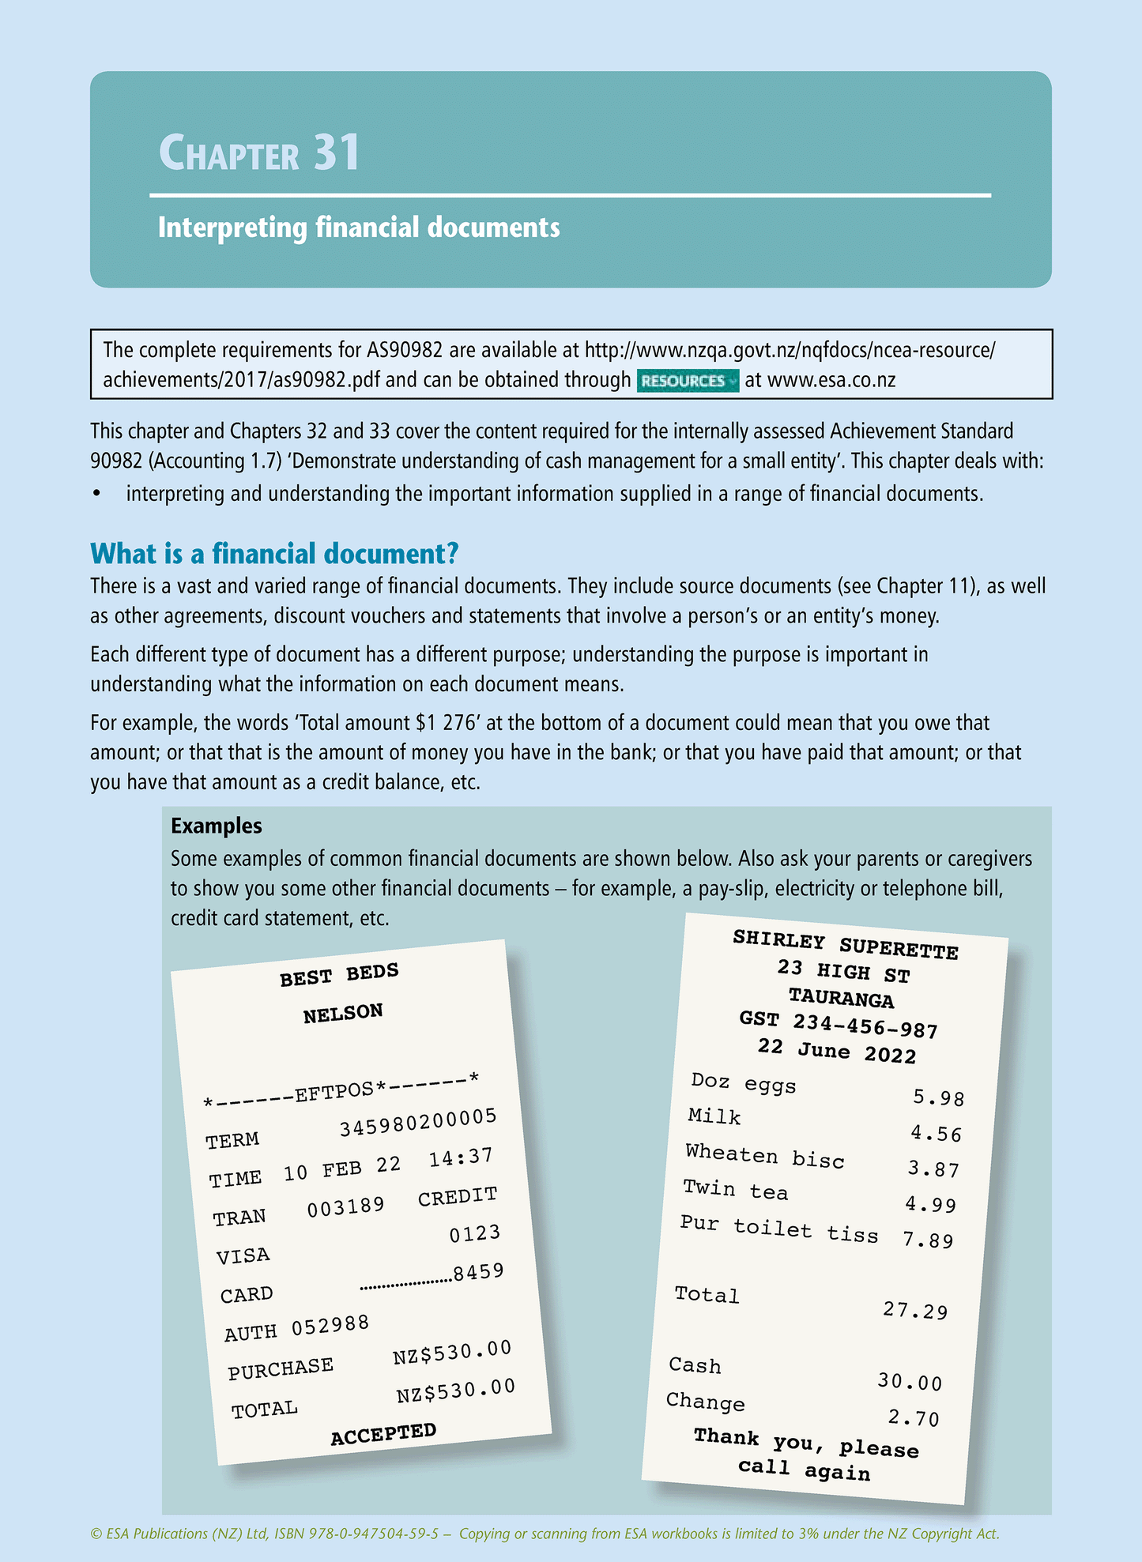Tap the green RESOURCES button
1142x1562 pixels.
[687, 380]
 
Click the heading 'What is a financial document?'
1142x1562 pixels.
[274, 553]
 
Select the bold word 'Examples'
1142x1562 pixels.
[216, 826]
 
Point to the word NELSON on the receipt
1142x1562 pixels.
[343, 1013]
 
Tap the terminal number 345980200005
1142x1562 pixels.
[418, 1122]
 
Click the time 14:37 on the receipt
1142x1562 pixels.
[461, 1157]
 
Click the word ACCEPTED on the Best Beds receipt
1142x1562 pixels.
[383, 1433]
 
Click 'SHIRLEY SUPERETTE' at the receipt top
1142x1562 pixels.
[846, 944]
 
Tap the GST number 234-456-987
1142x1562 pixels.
[865, 1026]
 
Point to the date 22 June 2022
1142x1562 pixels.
[837, 1051]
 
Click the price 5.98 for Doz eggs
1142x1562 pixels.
[938, 1097]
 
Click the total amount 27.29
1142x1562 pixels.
[914, 1311]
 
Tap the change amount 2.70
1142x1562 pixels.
[914, 1418]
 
